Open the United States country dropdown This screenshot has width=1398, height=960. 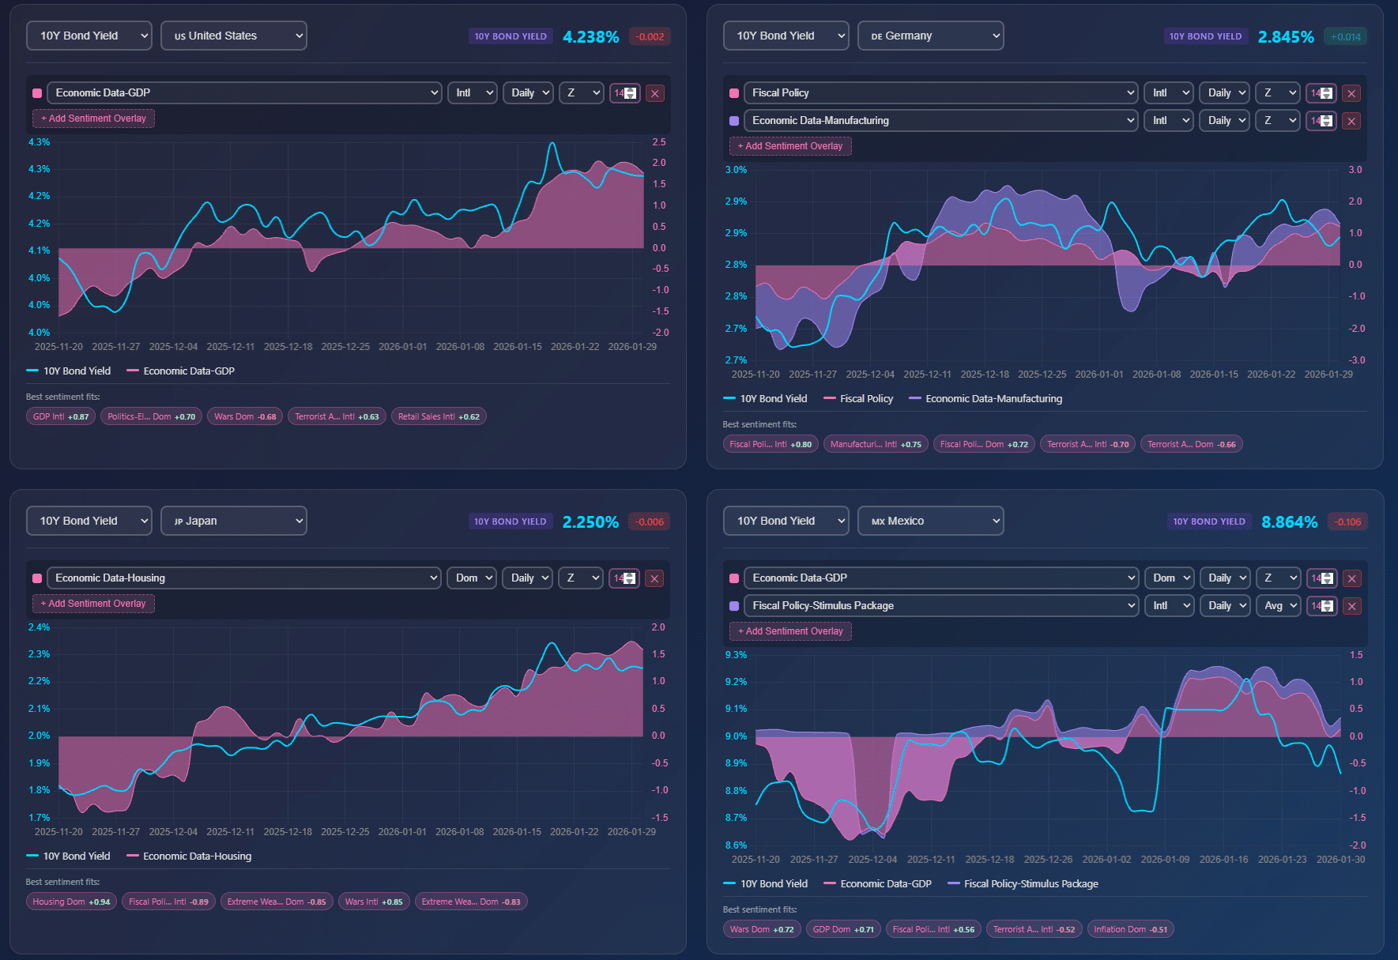click(233, 36)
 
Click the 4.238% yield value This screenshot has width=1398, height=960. click(590, 37)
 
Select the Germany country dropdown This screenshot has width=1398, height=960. click(930, 36)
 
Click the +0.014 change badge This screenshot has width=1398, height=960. click(1345, 37)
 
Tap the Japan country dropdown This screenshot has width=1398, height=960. click(233, 521)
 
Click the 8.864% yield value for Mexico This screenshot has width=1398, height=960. click(1289, 522)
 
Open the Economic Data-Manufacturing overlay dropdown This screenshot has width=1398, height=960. click(940, 121)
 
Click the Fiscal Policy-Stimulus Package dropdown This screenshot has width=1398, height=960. click(940, 606)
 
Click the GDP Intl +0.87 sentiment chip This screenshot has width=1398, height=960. click(61, 416)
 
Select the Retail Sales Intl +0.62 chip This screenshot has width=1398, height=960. click(439, 416)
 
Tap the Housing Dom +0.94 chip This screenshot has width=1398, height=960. click(71, 902)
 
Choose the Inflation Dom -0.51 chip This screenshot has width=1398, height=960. click(1130, 929)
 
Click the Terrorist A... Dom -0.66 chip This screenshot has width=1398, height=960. click(1191, 444)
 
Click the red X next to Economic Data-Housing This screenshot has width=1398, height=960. click(654, 578)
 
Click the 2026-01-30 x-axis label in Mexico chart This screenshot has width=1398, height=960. click(1340, 860)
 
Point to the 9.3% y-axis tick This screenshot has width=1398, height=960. click(736, 655)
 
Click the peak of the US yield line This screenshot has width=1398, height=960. click(552, 144)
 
